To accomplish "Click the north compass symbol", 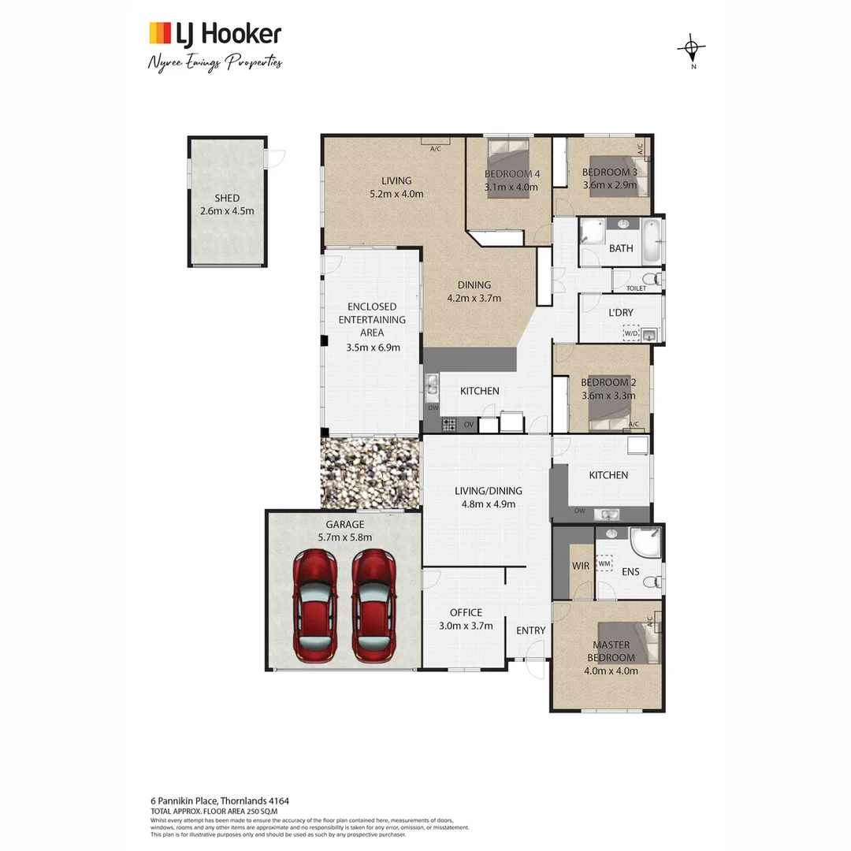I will pyautogui.click(x=691, y=50).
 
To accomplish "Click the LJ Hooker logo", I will pyautogui.click(x=215, y=34).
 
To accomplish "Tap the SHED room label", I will pyautogui.click(x=227, y=199).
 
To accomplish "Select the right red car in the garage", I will pyautogui.click(x=373, y=605).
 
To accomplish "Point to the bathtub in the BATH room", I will pyautogui.click(x=651, y=242).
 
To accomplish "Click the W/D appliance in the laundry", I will pyautogui.click(x=631, y=334).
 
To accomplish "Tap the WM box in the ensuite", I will pyautogui.click(x=604, y=563).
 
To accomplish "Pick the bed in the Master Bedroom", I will pyautogui.click(x=628, y=641).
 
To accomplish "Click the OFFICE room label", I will pyautogui.click(x=466, y=612).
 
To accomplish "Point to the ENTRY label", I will pyautogui.click(x=530, y=630).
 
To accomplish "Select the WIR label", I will pyautogui.click(x=581, y=566).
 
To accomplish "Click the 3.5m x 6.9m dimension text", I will pyautogui.click(x=373, y=347).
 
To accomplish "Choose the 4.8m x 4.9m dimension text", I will pyautogui.click(x=489, y=504).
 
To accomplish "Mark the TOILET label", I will pyautogui.click(x=636, y=288).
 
